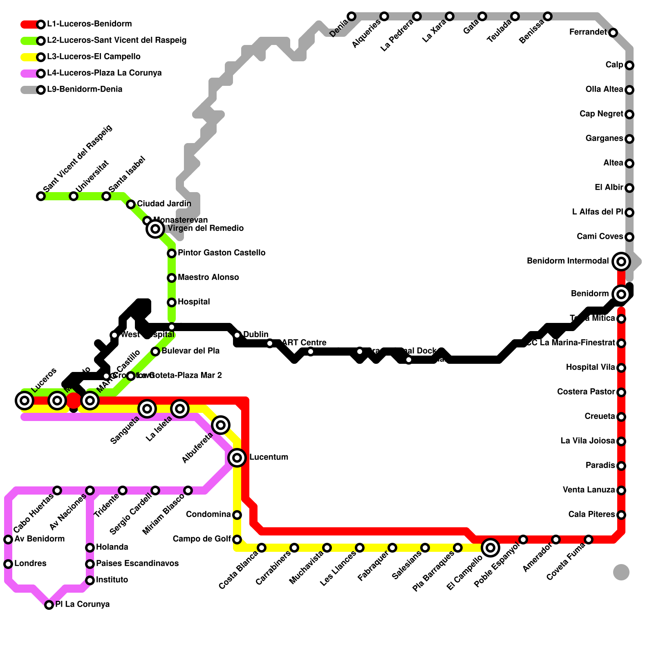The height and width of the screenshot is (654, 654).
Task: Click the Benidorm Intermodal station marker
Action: pos(621,261)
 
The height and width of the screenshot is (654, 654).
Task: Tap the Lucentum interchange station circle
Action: pos(237,457)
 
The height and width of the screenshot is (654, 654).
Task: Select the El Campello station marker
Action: pos(490,547)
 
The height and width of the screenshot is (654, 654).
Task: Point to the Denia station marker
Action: pos(352,16)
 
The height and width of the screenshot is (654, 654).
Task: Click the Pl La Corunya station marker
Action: pos(49,605)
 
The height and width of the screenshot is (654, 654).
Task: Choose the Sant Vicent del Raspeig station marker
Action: pos(41,196)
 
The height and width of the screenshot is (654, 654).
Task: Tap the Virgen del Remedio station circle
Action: pos(155,228)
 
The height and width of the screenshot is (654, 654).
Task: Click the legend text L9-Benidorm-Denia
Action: pos(85,89)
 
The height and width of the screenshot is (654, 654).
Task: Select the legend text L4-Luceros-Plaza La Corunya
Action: pos(104,73)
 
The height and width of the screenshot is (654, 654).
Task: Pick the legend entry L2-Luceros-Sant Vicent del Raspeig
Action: pos(116,40)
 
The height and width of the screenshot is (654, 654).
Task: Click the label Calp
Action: pos(614,65)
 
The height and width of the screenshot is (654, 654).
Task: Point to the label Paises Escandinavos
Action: pos(137,563)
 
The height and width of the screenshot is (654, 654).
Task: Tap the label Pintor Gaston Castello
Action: pos(221,253)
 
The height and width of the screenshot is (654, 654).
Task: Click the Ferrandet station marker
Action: pos(613,33)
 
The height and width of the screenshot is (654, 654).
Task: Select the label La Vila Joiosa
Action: pos(588,441)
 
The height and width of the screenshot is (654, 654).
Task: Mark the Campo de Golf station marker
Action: pos(237,539)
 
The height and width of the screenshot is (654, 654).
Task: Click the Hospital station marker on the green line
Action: pos(172,302)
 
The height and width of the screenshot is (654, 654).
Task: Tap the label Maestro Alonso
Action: pos(208,277)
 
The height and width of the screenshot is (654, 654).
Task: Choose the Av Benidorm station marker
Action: pos(8,539)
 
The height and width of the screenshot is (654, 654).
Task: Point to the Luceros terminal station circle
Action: pos(25,400)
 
